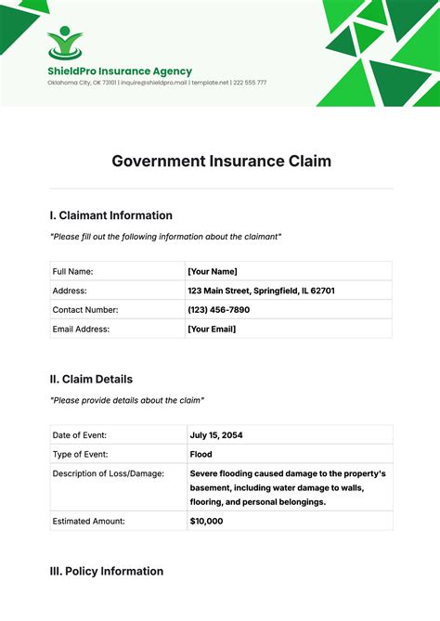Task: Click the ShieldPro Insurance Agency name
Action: (x=120, y=71)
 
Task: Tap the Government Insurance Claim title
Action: (x=221, y=161)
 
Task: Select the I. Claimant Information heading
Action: (x=110, y=215)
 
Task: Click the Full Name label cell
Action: (x=73, y=271)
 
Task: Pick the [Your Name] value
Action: (x=213, y=271)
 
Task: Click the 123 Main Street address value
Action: (x=261, y=291)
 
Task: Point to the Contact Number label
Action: (x=85, y=310)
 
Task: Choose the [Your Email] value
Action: (x=212, y=329)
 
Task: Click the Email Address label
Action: (x=82, y=329)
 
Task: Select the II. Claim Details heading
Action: (x=91, y=379)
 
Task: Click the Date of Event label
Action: (x=80, y=434)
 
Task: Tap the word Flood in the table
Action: (x=201, y=454)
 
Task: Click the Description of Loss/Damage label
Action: (x=109, y=473)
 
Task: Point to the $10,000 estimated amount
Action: (x=206, y=521)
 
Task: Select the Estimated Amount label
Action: (x=89, y=521)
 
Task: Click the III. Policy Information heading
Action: (x=107, y=571)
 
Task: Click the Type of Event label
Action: (x=80, y=454)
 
